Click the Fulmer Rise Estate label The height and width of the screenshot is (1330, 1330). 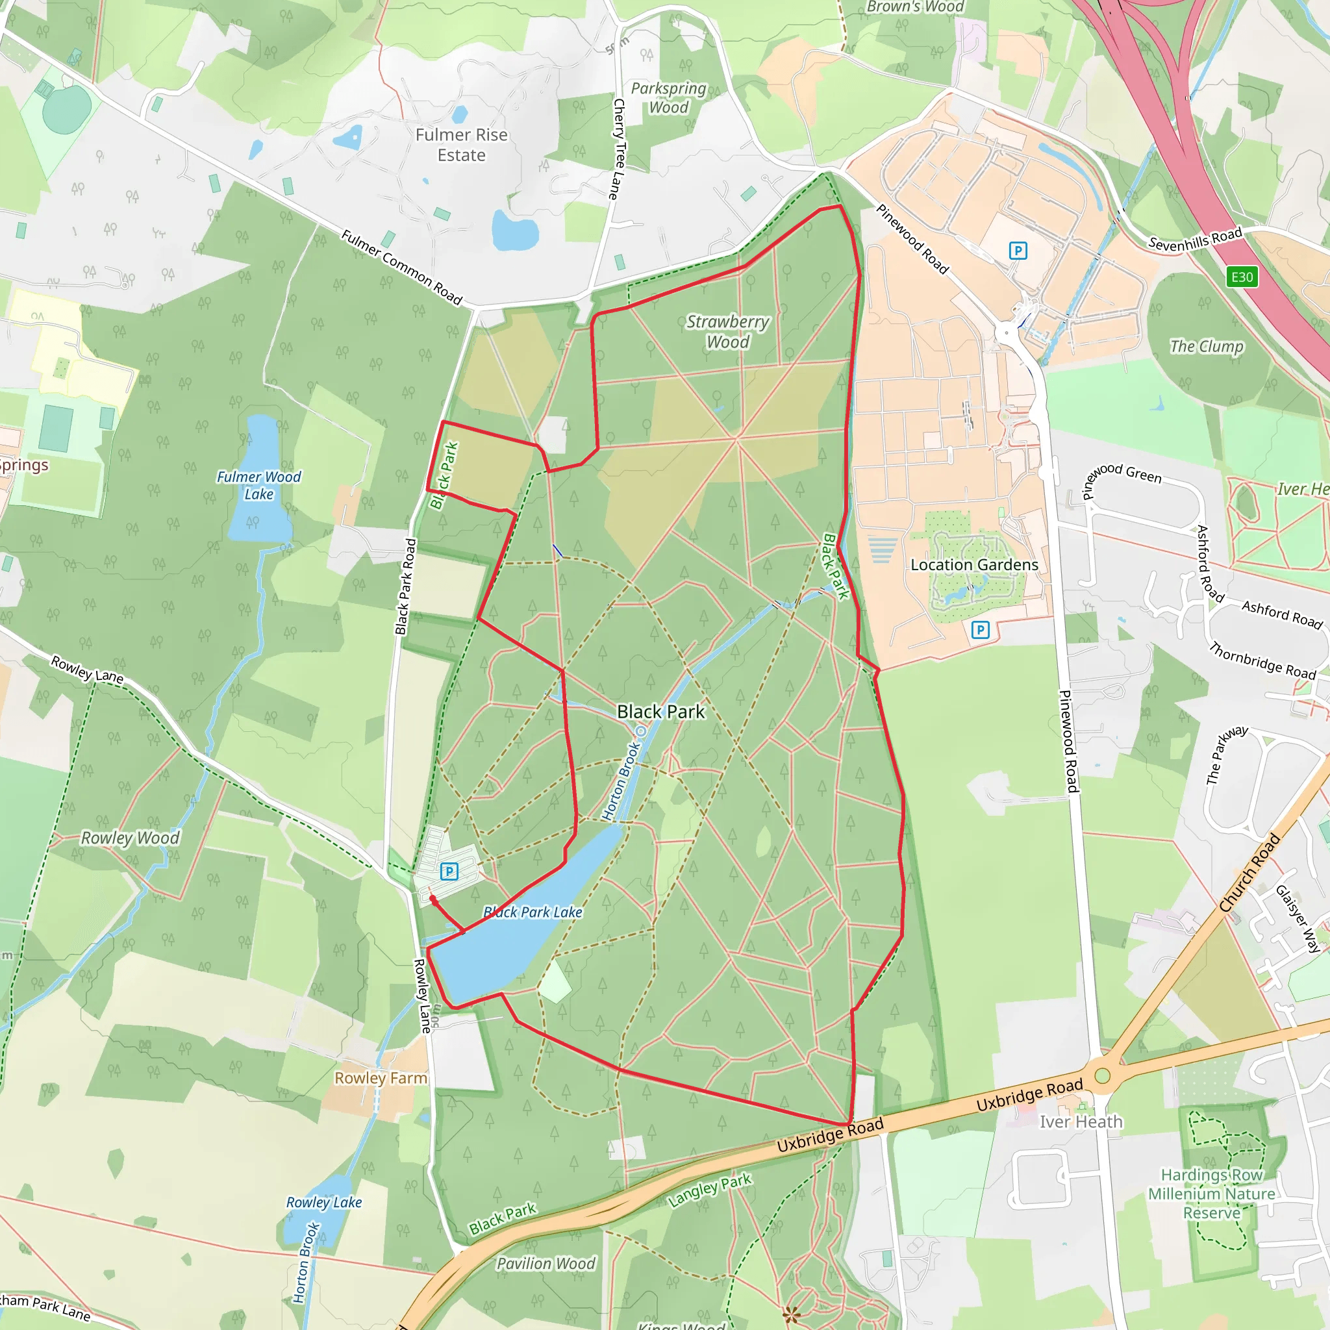click(461, 145)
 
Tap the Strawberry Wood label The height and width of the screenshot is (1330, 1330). click(727, 332)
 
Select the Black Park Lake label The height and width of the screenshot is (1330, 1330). click(533, 912)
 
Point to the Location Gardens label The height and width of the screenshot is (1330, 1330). click(974, 564)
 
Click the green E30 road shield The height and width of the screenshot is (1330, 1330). click(1242, 277)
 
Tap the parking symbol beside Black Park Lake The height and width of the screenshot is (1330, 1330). click(449, 872)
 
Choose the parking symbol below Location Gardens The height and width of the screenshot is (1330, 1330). click(980, 629)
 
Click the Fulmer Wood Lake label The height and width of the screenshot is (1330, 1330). click(259, 485)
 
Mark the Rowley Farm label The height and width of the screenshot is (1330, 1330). click(381, 1078)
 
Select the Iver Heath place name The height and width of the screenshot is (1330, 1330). click(1081, 1122)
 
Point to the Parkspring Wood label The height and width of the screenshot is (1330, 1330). click(668, 98)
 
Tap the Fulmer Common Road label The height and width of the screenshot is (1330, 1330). click(401, 267)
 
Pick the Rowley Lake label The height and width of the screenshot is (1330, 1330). click(323, 1203)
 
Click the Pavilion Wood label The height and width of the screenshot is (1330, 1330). click(546, 1264)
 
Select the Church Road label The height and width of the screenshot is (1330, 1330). click(1249, 873)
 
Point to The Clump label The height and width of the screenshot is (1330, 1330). click(1207, 346)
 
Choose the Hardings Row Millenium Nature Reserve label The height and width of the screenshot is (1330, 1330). click(1212, 1194)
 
